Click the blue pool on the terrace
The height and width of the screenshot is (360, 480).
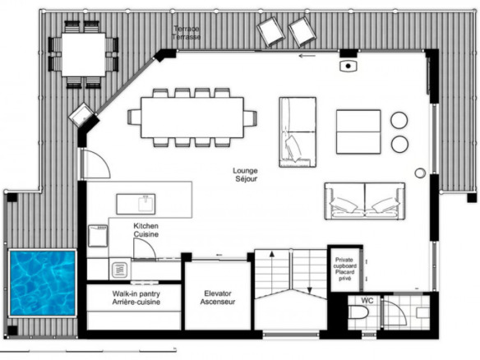[43, 283]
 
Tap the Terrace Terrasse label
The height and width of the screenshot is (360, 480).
[187, 33]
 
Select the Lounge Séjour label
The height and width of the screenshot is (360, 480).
[246, 175]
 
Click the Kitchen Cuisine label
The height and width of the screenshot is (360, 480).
[146, 230]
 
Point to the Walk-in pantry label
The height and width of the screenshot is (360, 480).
[136, 294]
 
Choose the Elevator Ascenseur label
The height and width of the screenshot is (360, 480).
[218, 298]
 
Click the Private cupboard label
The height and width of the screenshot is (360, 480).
[344, 263]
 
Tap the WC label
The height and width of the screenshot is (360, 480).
[367, 301]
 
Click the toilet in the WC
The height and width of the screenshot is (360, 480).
[358, 313]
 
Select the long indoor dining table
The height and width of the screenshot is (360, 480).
[192, 118]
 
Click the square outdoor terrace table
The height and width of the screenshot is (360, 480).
[84, 54]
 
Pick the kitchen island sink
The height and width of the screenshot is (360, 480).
[136, 204]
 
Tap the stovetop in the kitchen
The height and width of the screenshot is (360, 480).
[120, 270]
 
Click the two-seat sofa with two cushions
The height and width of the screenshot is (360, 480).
[365, 201]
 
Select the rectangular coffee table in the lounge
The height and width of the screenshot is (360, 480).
[358, 132]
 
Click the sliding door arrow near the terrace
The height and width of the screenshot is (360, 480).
[307, 56]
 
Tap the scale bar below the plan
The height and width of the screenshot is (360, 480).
[88, 350]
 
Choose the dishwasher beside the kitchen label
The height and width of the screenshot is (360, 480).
[98, 236]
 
